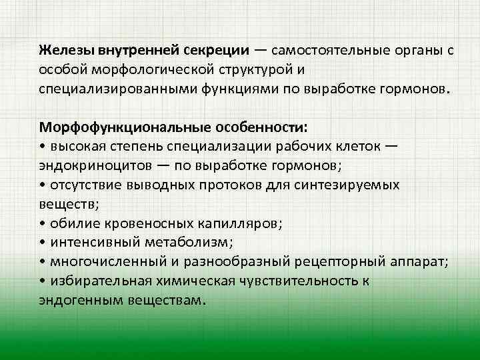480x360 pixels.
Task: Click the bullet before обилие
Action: (42, 223)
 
